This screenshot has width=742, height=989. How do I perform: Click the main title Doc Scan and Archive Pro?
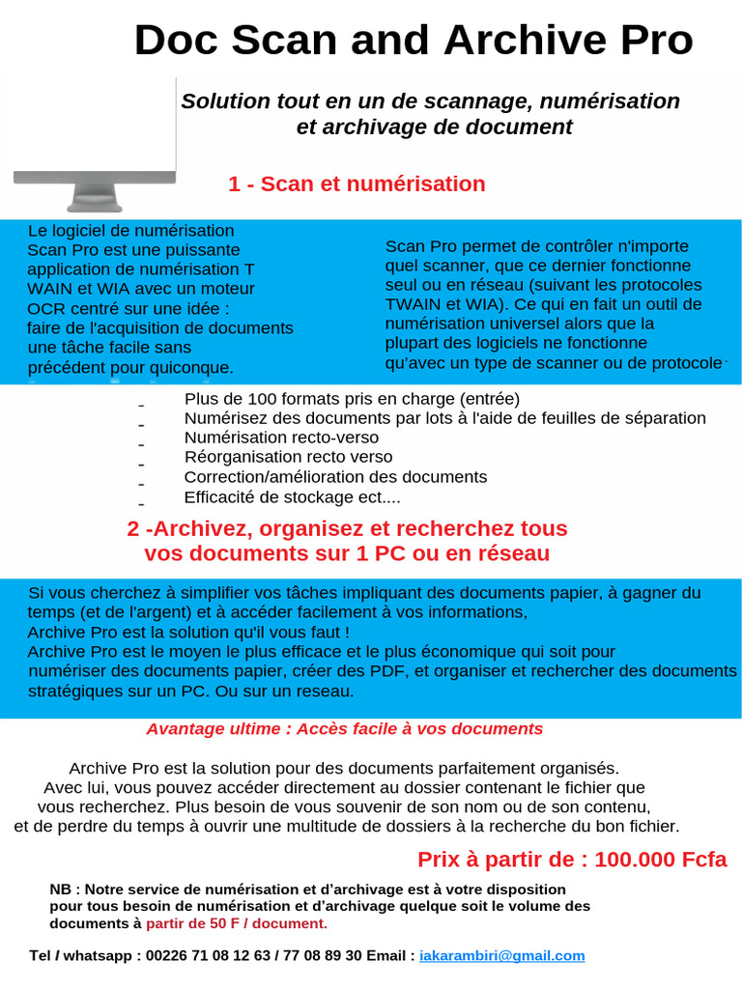pyautogui.click(x=413, y=41)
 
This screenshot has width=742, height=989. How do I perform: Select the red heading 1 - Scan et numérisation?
pyautogui.click(x=357, y=184)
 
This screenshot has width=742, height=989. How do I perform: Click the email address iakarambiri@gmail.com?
pyautogui.click(x=502, y=955)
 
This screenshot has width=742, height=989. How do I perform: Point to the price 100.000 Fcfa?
pyautogui.click(x=660, y=860)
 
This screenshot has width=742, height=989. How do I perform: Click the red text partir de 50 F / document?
pyautogui.click(x=237, y=923)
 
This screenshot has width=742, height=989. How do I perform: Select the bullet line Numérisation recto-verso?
pyautogui.click(x=281, y=438)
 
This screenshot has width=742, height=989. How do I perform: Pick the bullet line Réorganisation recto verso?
pyautogui.click(x=288, y=457)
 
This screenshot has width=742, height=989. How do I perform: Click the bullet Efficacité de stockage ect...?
pyautogui.click(x=292, y=497)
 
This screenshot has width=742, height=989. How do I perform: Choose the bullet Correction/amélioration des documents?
pyautogui.click(x=335, y=477)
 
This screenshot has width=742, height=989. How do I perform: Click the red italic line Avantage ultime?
pyautogui.click(x=344, y=728)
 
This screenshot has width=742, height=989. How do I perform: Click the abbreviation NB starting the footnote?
pyautogui.click(x=60, y=889)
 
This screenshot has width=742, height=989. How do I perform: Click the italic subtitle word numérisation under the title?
pyautogui.click(x=610, y=101)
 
